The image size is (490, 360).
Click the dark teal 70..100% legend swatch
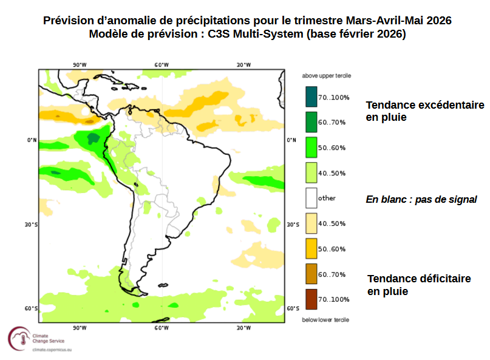tap(311, 97)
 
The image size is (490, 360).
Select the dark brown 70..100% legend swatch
tap(311, 299)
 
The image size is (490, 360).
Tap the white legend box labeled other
tap(311, 198)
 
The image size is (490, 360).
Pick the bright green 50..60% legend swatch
tap(311, 148)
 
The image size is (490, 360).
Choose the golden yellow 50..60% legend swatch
tap(311, 249)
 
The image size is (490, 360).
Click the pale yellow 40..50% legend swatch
tap(311, 223)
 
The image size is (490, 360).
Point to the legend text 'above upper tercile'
tap(327, 76)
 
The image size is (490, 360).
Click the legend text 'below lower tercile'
tap(326, 319)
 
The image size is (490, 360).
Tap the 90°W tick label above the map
tap(79, 65)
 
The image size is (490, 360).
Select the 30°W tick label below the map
tap(243, 328)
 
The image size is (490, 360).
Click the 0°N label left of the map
tap(32, 140)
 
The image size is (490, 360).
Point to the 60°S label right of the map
tap(291, 309)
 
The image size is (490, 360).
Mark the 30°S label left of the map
tap(31, 225)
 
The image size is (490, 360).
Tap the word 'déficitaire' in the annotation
tap(441, 279)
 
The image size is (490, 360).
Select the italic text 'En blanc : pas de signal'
tap(421, 199)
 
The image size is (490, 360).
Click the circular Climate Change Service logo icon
tap(18, 338)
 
